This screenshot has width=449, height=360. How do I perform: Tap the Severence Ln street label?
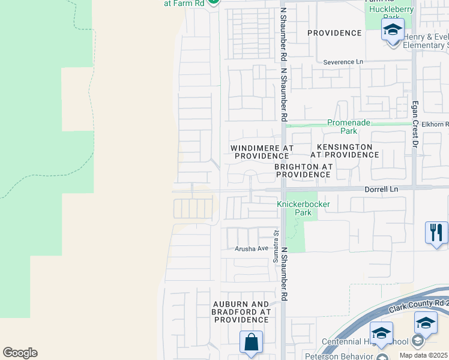click(x=343, y=62)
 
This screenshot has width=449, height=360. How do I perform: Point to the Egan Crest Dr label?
click(x=414, y=124)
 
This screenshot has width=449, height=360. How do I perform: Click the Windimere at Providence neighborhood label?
click(x=262, y=151)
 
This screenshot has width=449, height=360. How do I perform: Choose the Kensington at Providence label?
click(x=344, y=151)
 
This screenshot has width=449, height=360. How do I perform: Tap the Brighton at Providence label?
click(x=303, y=170)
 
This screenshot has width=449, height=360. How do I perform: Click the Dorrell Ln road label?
click(x=381, y=188)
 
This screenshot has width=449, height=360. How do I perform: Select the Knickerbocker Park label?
click(x=303, y=208)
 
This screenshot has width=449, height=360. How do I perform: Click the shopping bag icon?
click(x=251, y=342)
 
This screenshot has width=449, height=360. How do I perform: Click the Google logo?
click(x=20, y=353)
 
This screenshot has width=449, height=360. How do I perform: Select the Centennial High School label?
click(x=372, y=342)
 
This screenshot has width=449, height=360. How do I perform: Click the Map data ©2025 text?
click(x=424, y=356)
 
